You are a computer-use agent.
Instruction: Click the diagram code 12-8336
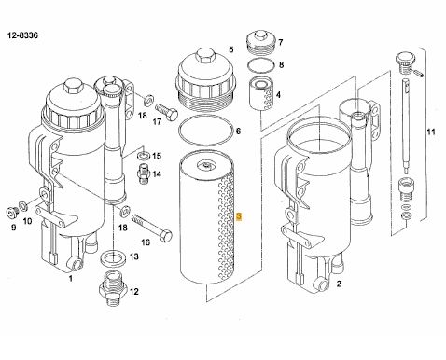click(x=22, y=35)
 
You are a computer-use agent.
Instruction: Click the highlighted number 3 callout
click(x=239, y=216)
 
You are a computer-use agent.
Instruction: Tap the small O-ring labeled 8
click(x=261, y=65)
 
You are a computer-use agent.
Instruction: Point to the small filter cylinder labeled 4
click(x=261, y=93)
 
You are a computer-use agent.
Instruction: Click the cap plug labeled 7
click(x=260, y=42)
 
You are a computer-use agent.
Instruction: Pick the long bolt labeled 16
click(x=152, y=228)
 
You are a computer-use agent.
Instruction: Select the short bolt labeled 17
click(x=166, y=112)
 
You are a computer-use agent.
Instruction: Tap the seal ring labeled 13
click(x=113, y=257)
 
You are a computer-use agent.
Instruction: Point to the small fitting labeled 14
click(x=143, y=173)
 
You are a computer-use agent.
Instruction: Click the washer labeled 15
click(x=144, y=155)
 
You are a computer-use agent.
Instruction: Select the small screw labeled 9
click(x=12, y=213)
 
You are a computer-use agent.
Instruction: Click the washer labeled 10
click(x=23, y=205)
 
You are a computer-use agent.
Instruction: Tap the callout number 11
click(x=431, y=132)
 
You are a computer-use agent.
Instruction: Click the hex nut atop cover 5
click(x=205, y=56)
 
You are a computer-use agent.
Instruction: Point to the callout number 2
click(x=339, y=284)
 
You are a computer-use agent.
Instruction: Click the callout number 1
click(x=71, y=278)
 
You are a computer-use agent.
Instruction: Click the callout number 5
click(x=231, y=49)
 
